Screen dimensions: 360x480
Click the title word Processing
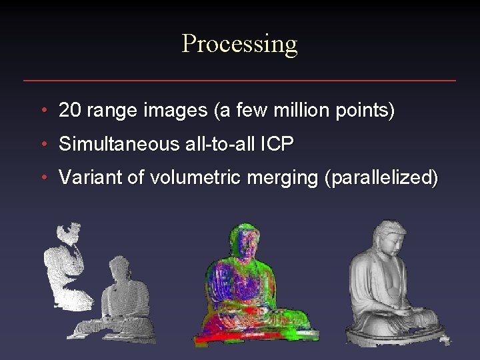click(x=239, y=45)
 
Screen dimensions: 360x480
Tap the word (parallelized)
click(x=381, y=178)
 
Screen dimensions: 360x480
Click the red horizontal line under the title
click(x=239, y=81)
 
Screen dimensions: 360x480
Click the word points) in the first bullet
click(x=366, y=111)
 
